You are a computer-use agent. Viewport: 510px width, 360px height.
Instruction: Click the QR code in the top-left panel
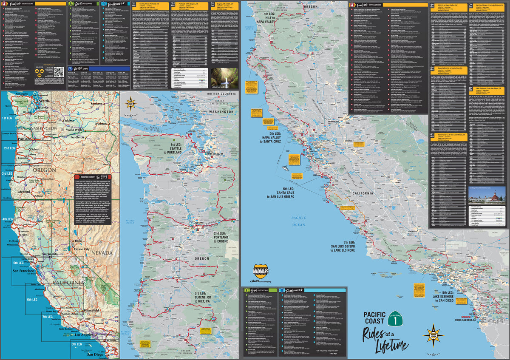point(59,71)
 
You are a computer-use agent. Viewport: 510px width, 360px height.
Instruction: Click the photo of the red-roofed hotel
point(487,194)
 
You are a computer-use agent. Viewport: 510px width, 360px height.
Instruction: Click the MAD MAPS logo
point(261,271)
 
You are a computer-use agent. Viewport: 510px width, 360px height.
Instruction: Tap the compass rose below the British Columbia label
point(130,103)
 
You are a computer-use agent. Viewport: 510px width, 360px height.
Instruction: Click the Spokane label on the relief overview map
point(97,103)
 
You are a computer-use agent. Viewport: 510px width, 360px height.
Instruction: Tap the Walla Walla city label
point(74,130)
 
